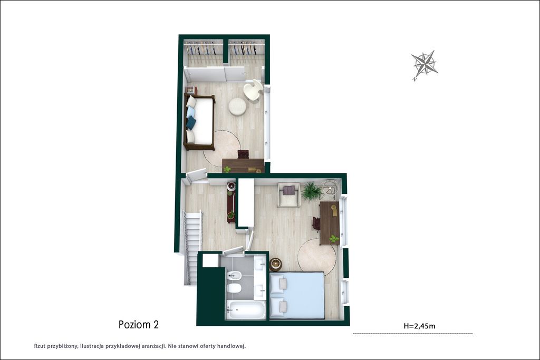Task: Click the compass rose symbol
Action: (425, 65)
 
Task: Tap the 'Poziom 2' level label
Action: (139, 325)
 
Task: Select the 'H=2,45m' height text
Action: (419, 326)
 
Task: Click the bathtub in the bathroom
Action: (246, 310)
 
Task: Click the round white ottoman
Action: (237, 106)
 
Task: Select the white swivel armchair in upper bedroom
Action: (253, 90)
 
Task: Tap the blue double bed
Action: (296, 295)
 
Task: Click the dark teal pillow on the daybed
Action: (191, 123)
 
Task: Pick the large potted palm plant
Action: (312, 192)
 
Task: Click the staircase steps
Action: (192, 248)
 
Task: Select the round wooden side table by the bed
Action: (275, 264)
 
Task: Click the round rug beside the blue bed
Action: (317, 257)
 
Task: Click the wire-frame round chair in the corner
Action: (331, 189)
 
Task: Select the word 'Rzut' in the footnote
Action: (40, 346)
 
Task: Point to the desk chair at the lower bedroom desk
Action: (316, 223)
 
